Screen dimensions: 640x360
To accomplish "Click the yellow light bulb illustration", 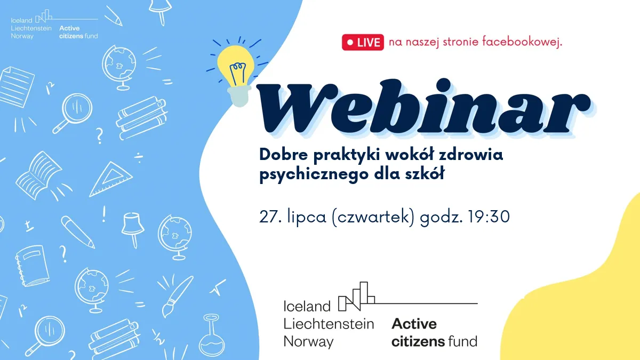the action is coord(236,74).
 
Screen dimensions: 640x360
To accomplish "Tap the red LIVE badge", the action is coord(363,42).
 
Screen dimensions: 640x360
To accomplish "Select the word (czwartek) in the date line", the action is coord(373,218).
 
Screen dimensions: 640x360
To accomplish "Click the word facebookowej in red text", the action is coord(522,42).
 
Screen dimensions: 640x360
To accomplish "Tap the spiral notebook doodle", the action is coord(33,266).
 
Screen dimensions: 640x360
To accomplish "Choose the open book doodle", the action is coord(39,175).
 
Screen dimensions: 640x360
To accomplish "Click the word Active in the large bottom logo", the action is coord(414,324).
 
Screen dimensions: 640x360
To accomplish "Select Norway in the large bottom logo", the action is coord(308,342).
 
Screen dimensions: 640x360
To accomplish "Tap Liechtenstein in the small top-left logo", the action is coord(31,28).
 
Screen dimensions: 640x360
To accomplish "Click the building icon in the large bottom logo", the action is coord(356,297).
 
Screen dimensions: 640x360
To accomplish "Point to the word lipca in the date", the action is coord(307,218).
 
